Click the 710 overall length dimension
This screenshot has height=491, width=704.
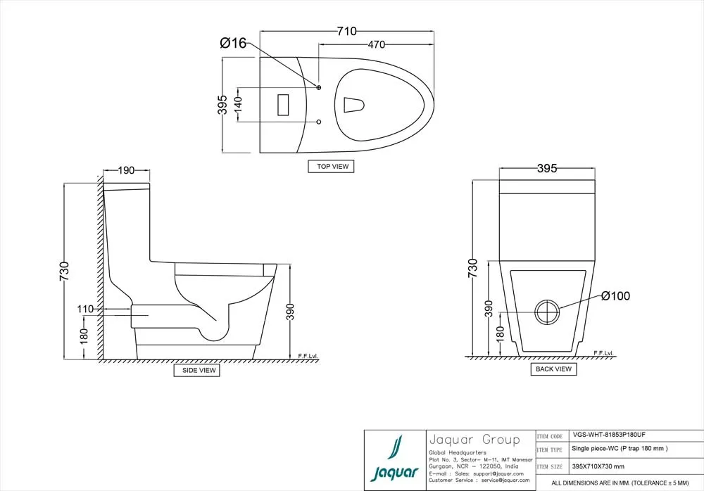click(x=346, y=31)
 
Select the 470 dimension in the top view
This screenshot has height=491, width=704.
click(x=377, y=44)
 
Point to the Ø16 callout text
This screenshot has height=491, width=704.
click(x=233, y=44)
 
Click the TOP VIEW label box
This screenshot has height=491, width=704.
click(x=331, y=167)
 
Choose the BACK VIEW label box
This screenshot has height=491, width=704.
click(x=554, y=369)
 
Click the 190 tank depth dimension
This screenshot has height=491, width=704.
click(x=127, y=171)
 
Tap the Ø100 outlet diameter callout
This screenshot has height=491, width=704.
click(x=615, y=296)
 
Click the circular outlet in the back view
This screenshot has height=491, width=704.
click(x=547, y=312)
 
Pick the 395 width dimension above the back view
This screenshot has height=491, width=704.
click(x=547, y=168)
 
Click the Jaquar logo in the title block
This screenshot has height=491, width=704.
click(x=394, y=459)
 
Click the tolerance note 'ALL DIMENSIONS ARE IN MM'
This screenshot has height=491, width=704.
click(x=622, y=483)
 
